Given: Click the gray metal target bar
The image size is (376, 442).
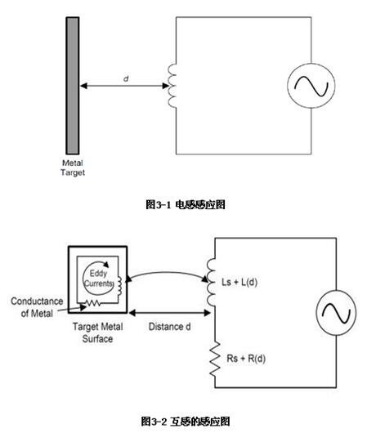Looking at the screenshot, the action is pos(73,86).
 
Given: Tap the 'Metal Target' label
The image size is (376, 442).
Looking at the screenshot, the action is pos(73,167).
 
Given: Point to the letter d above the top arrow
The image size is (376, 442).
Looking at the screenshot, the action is pos(126,78).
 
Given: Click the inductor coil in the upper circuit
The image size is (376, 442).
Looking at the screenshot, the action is pos(172,86).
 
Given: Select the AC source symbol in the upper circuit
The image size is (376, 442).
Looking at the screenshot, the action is pos(311,86).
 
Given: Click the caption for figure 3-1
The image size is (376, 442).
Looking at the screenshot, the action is pos(186,204).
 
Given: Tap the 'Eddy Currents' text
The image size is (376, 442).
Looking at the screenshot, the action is pos(98,279).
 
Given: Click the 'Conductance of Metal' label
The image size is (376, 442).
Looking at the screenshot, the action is pos(37,307).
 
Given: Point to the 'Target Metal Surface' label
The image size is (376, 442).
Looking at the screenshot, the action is pos(97,333).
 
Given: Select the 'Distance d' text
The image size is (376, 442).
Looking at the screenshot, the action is pos(169,327).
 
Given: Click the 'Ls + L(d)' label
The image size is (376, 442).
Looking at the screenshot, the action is pos(239,282).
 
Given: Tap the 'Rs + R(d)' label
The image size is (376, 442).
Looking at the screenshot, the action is pos(246,359).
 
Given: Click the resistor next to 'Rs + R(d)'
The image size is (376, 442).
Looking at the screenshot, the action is pos(215,359).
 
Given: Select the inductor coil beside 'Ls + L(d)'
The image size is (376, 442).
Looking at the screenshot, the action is pos(211,282).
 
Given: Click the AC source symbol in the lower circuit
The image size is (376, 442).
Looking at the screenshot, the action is pos(336,313).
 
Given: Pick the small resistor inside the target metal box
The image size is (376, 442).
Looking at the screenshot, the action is pos(93,303).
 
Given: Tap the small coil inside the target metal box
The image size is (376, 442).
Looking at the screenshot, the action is pos(119,286).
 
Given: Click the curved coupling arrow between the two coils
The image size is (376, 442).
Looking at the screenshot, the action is pos(168,273).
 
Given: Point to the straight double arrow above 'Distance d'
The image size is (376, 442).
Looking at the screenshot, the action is pos(169,313).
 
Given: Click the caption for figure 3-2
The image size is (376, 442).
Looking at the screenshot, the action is pos(186,422).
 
